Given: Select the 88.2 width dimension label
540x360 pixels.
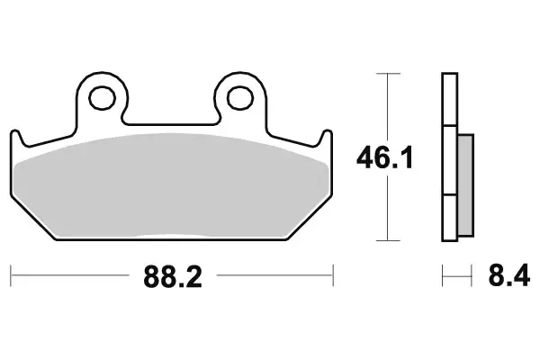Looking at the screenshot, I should (x=171, y=276).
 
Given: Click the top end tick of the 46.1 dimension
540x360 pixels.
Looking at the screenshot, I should (x=387, y=74).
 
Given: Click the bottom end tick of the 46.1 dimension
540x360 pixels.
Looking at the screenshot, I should (x=387, y=240).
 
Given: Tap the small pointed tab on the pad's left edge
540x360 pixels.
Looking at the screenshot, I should (x=15, y=136).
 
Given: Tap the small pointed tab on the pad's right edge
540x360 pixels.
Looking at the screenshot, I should (x=326, y=136).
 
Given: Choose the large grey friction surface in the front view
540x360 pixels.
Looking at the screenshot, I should (x=171, y=184).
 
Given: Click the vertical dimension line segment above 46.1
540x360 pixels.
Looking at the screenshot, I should (x=387, y=108).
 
